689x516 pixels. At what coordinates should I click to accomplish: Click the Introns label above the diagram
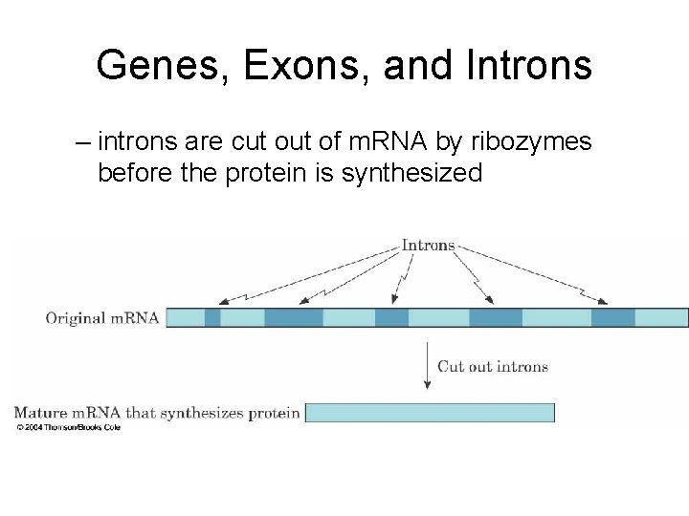(x=428, y=245)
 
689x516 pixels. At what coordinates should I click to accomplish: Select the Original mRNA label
(x=102, y=318)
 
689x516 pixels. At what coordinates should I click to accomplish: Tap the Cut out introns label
(x=492, y=366)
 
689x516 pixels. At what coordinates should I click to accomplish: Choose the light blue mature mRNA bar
(x=429, y=413)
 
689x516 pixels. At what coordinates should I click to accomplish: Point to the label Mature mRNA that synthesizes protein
(x=157, y=413)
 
